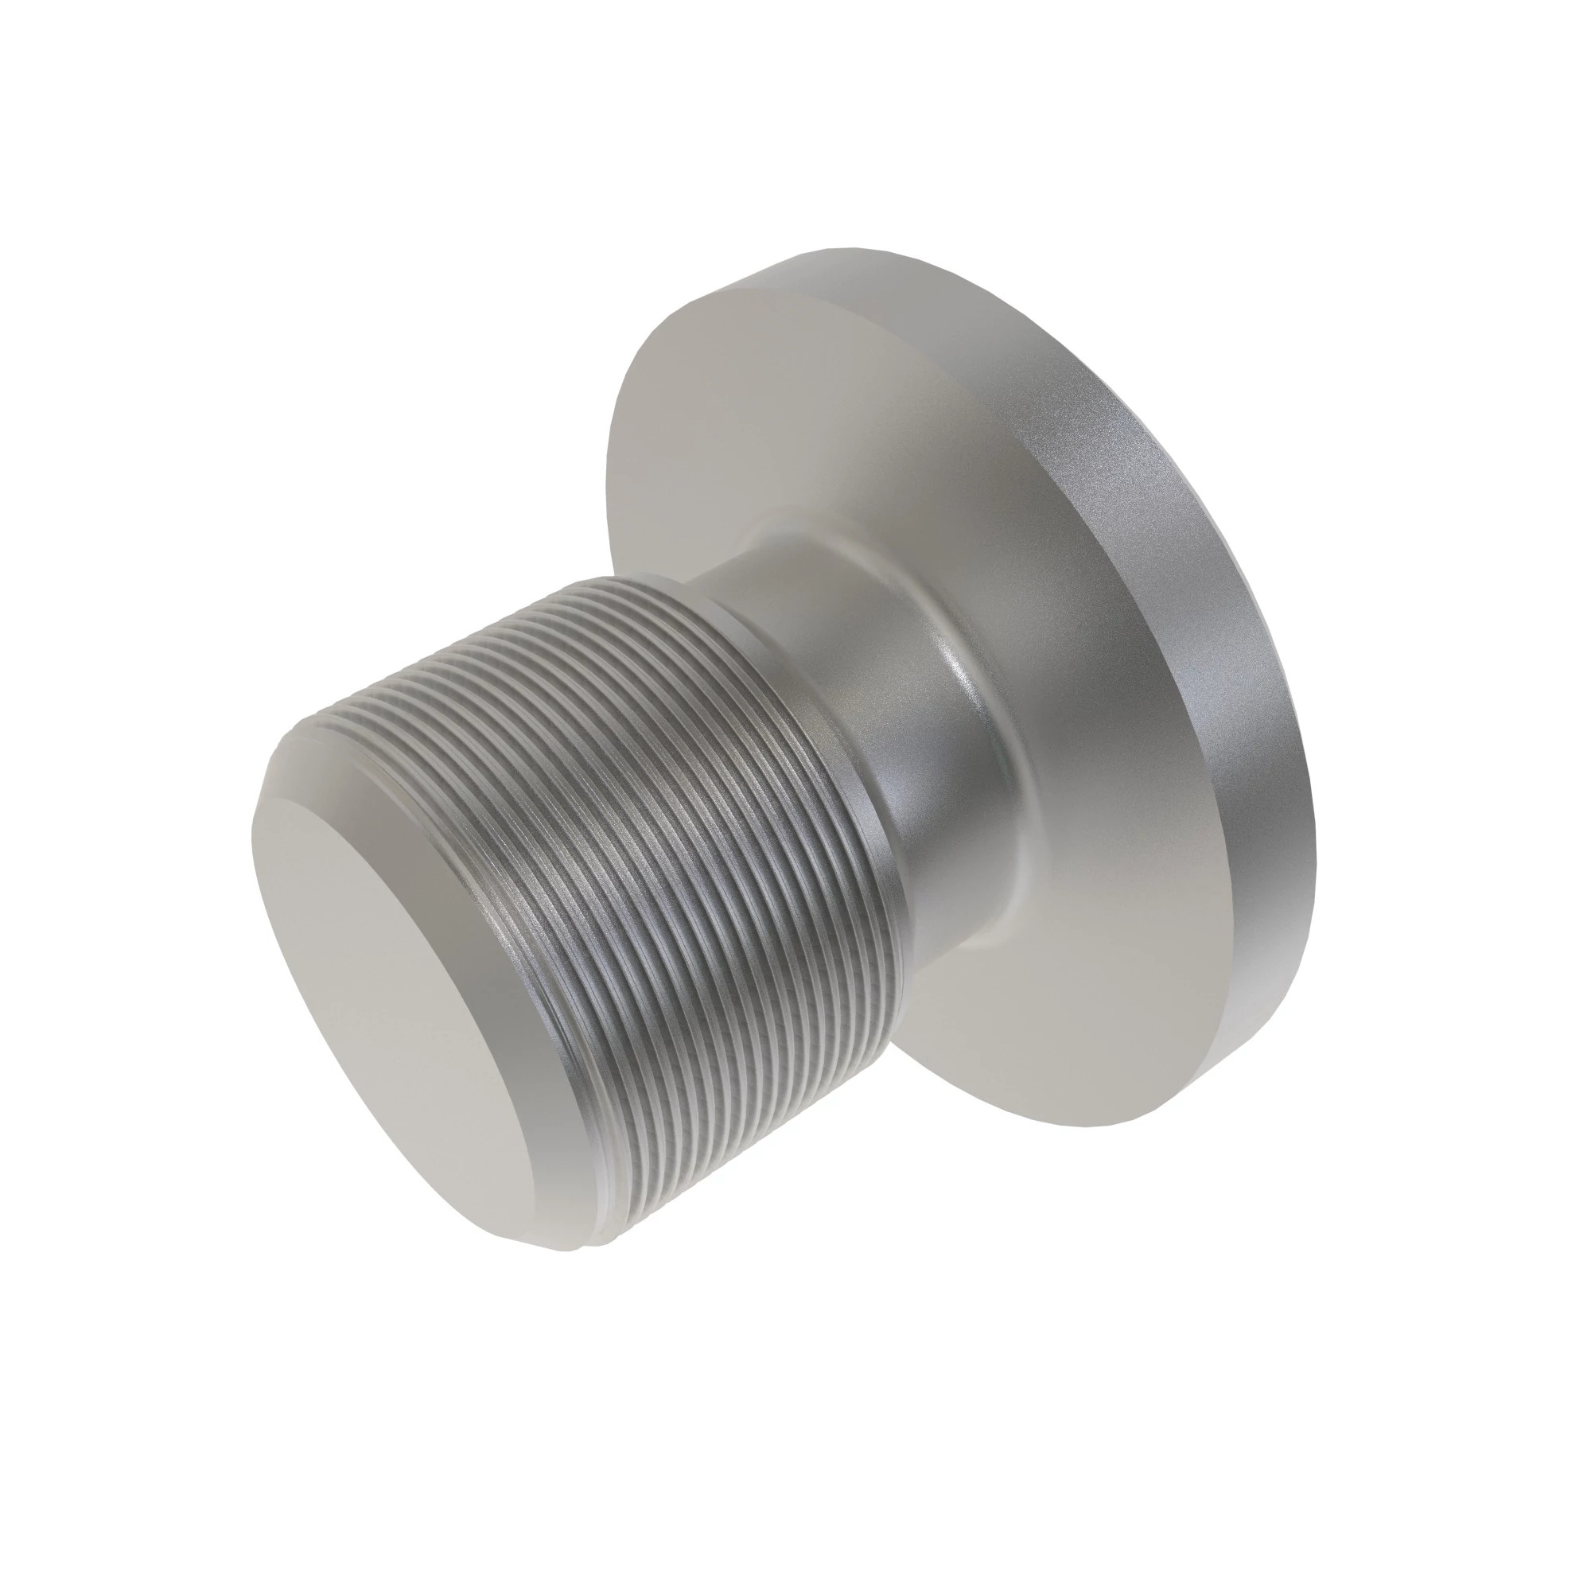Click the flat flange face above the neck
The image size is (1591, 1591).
741,412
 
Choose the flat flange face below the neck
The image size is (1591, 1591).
1029,1029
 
